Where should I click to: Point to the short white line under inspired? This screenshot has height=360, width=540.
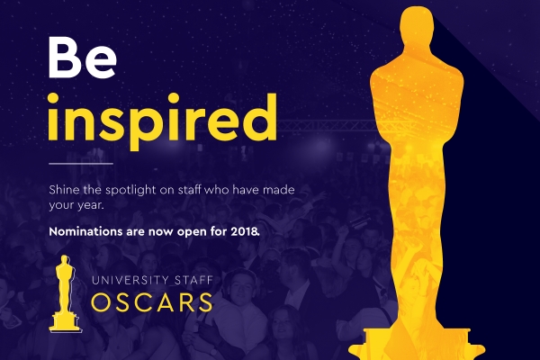click(x=81, y=164)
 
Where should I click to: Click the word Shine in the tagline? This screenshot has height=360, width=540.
click(x=67, y=191)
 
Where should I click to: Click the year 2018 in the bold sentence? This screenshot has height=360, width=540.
click(x=242, y=232)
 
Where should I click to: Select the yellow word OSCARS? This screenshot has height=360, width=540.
click(x=153, y=301)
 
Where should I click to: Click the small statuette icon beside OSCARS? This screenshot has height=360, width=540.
click(x=64, y=292)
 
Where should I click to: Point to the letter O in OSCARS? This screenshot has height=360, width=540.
click(x=103, y=301)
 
